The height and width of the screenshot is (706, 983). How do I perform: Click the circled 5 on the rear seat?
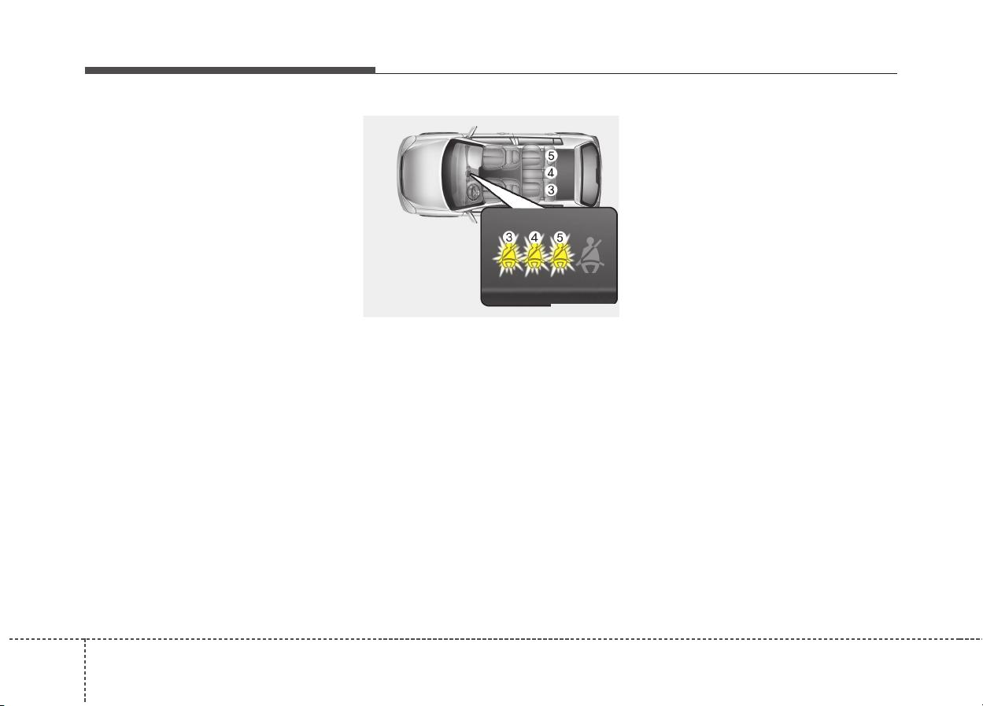pos(551,156)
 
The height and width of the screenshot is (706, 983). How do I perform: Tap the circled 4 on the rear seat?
pos(551,173)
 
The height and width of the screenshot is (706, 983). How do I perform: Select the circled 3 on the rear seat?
pos(551,190)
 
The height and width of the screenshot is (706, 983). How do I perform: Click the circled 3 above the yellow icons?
pos(508,238)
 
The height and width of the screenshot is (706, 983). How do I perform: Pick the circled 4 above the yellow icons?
pos(534,238)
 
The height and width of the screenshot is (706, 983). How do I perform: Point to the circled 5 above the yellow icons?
pos(559,238)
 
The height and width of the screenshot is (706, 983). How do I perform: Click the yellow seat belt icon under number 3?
pos(508,257)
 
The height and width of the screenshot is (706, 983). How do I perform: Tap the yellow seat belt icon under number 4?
pos(534,257)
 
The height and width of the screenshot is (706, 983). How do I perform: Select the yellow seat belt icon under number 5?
pos(560,257)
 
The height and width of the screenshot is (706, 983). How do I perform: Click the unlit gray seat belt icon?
pos(591,256)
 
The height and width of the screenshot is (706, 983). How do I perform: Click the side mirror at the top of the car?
pos(473,131)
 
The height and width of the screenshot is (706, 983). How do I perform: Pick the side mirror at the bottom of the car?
pos(473,217)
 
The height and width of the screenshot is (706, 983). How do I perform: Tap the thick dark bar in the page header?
pos(230,70)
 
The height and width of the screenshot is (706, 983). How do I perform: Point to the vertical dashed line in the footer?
pos(85,671)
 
